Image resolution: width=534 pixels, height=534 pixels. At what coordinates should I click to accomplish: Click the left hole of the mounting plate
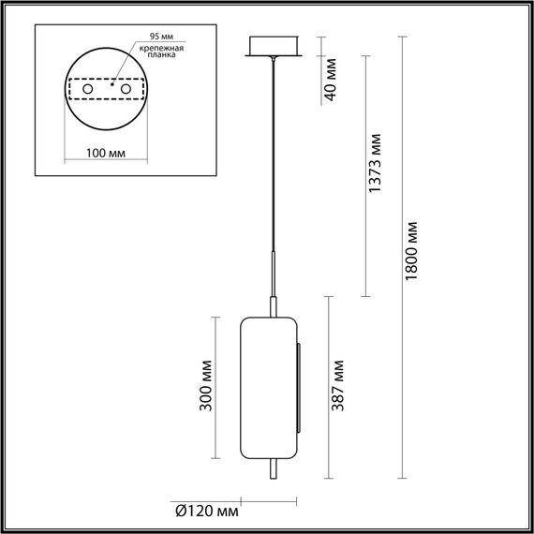tap(89, 88)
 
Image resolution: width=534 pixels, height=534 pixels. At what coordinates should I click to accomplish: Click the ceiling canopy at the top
tap(272, 47)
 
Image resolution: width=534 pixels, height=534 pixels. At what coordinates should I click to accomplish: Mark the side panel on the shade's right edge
tap(300, 386)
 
